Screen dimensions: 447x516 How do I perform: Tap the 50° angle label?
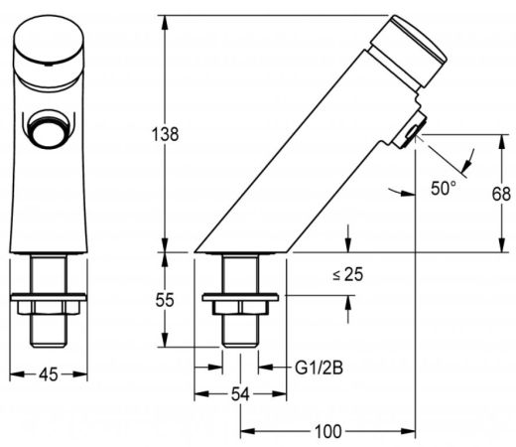pyautogui.click(x=445, y=187)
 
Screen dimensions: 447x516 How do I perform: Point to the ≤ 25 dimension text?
pyautogui.click(x=346, y=274)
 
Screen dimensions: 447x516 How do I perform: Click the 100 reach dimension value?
pyautogui.click(x=327, y=431)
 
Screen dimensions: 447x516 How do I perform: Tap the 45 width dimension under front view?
pyautogui.click(x=48, y=375)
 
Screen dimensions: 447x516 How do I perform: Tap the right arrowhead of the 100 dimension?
pyautogui.click(x=412, y=431)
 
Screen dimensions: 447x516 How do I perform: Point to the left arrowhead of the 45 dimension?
pyautogui.click(x=12, y=375)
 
